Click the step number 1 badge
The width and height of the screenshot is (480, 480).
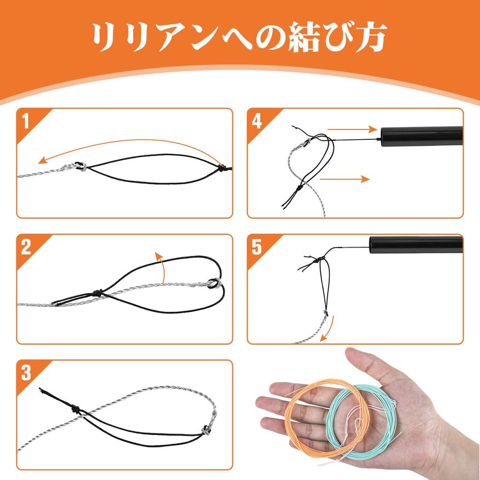point(25,120)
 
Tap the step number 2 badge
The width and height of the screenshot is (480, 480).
point(26,247)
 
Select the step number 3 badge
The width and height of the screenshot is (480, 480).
point(26,373)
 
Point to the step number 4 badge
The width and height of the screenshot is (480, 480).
point(256,121)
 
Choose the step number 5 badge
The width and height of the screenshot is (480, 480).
point(256,247)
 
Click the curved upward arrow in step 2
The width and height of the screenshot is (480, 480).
point(163,266)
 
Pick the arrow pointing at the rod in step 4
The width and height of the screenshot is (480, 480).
point(352,129)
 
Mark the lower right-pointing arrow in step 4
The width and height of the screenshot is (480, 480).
point(345,179)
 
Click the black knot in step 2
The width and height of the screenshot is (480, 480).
point(97,292)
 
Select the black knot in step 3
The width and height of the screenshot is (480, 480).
point(75,409)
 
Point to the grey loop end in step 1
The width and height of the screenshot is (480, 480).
point(81,167)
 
